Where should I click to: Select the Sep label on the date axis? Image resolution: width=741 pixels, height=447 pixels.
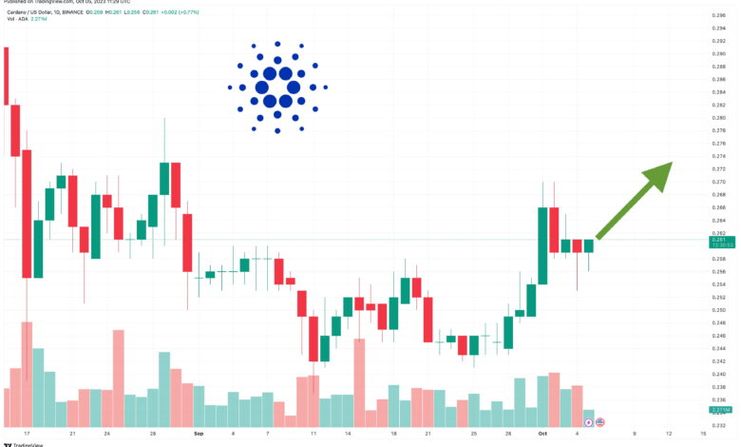tap(198, 432)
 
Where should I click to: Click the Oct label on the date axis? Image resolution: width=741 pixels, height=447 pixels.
tap(541, 432)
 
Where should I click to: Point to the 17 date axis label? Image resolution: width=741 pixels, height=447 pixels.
tap(27, 432)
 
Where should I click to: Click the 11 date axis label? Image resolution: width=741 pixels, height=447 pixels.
tap(313, 432)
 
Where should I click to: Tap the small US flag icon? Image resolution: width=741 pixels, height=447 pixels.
tap(600, 421)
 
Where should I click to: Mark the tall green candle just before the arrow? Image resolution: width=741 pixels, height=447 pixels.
tap(542, 244)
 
